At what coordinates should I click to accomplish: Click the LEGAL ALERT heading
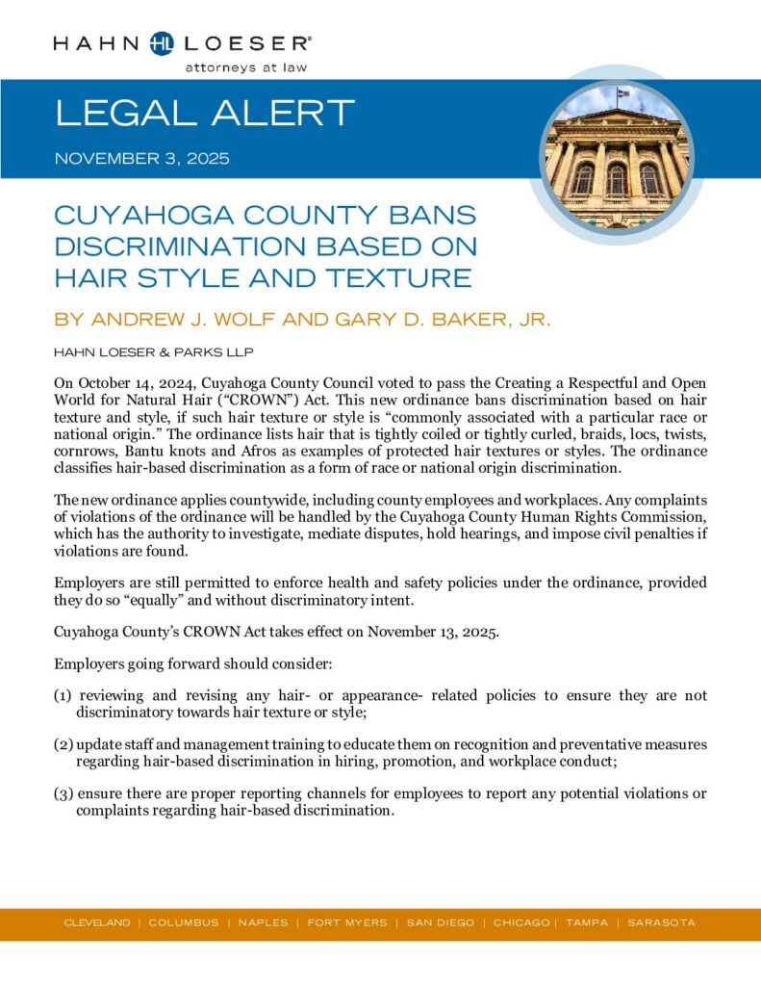pyautogui.click(x=205, y=114)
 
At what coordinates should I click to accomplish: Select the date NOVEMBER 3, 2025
pyautogui.click(x=142, y=159)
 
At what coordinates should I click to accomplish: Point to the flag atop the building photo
pyautogui.click(x=623, y=94)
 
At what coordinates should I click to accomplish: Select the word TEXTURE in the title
pyautogui.click(x=395, y=278)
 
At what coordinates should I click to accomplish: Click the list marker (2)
pyautogui.click(x=63, y=744)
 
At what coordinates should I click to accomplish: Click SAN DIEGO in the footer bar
pyautogui.click(x=440, y=922)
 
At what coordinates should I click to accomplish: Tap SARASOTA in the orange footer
pyautogui.click(x=661, y=922)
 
